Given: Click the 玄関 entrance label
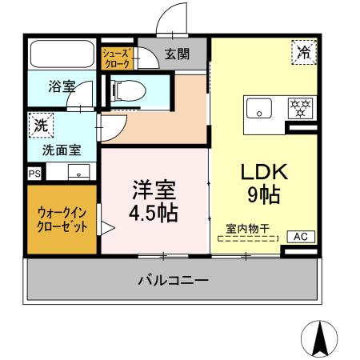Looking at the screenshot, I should [177, 54].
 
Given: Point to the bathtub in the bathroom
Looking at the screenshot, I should [62, 55].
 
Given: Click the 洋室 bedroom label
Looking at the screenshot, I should [154, 190].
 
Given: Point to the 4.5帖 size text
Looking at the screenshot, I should [154, 213].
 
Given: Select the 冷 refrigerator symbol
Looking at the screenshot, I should [304, 54].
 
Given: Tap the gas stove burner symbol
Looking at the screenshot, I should [299, 107].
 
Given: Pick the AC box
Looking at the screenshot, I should [302, 236].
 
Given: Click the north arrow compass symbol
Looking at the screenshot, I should [321, 338].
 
